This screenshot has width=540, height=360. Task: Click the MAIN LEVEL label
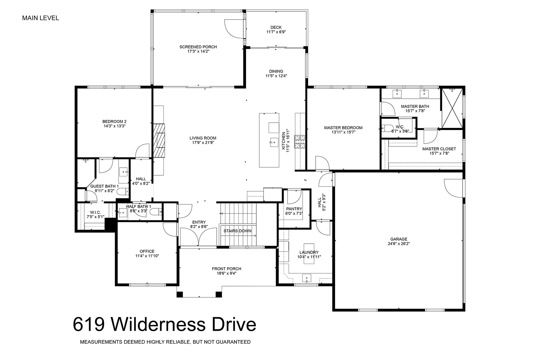coord(41,18)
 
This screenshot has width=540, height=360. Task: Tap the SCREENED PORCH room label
coord(198,47)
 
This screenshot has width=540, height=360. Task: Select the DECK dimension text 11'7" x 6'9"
coord(276,32)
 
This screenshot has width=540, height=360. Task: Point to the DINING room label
coord(276,71)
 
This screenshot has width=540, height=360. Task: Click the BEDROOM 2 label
coord(114,122)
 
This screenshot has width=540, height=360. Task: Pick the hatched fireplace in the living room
coord(159,140)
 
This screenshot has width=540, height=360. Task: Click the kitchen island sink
coord(274,142)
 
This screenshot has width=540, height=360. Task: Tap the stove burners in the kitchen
coord(299,142)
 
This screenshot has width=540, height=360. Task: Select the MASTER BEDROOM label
coord(343,128)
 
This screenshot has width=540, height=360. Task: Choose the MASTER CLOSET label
coord(439,149)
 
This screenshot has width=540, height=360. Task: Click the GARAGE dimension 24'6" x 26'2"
coord(399,244)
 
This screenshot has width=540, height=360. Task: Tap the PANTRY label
coord(294,209)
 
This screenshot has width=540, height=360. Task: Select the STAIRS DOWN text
coord(237,231)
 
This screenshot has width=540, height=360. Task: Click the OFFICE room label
coord(147,251)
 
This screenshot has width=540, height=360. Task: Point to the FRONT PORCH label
coord(227,269)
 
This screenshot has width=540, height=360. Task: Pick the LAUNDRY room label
coord(309,252)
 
